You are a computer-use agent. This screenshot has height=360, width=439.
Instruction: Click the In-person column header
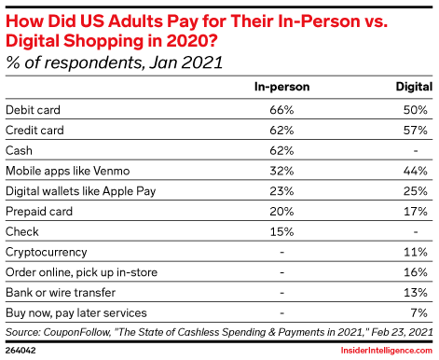pos(281,87)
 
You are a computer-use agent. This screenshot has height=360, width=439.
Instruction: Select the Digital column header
pos(414,87)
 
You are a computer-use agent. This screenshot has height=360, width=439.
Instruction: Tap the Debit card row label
pos(33,110)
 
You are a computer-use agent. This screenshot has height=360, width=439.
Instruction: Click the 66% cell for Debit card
pos(281,110)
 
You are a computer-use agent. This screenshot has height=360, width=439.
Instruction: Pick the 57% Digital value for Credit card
pos(416,131)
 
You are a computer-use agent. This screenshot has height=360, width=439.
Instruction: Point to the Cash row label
pos(19,151)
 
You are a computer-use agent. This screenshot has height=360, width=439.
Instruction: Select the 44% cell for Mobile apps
pos(416,171)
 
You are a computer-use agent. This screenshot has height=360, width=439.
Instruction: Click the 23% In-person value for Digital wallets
pos(281,191)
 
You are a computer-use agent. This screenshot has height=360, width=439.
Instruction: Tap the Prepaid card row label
pos(39,212)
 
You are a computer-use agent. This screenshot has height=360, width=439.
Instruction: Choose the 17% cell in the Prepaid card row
pos(416,212)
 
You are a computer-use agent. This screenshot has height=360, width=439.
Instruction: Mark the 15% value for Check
pos(281,232)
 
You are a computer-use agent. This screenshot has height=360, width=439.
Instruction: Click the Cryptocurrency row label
pos(47,253)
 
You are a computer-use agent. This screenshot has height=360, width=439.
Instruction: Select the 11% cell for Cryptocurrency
pos(416,252)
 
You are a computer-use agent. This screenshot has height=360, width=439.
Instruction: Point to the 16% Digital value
pos(416,272)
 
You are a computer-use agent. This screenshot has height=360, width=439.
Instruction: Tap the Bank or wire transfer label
pos(61,293)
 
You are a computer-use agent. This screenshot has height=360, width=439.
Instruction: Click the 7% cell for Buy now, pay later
pos(418,313)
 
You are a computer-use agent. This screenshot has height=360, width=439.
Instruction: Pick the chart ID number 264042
pos(21,351)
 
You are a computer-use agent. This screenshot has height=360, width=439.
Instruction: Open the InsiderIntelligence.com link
pos(387,351)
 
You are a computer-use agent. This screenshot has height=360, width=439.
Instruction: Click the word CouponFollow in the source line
pos(77,332)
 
